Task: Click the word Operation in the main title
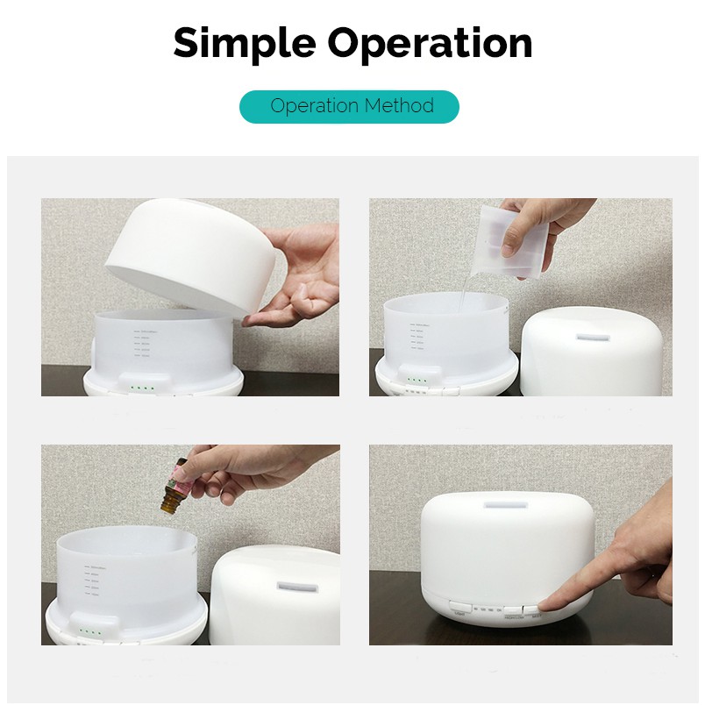[431, 43]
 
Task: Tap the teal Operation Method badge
[349, 107]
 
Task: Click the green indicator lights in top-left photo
[140, 387]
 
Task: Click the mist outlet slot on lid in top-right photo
[590, 335]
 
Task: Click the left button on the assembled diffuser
[459, 606]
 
